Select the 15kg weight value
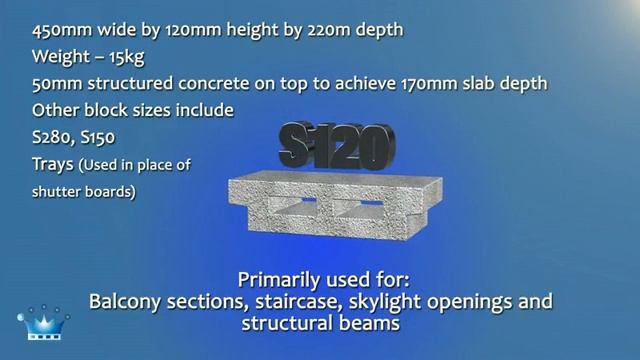coord(133,56)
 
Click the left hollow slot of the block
coord(298,207)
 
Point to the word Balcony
coord(128,301)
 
